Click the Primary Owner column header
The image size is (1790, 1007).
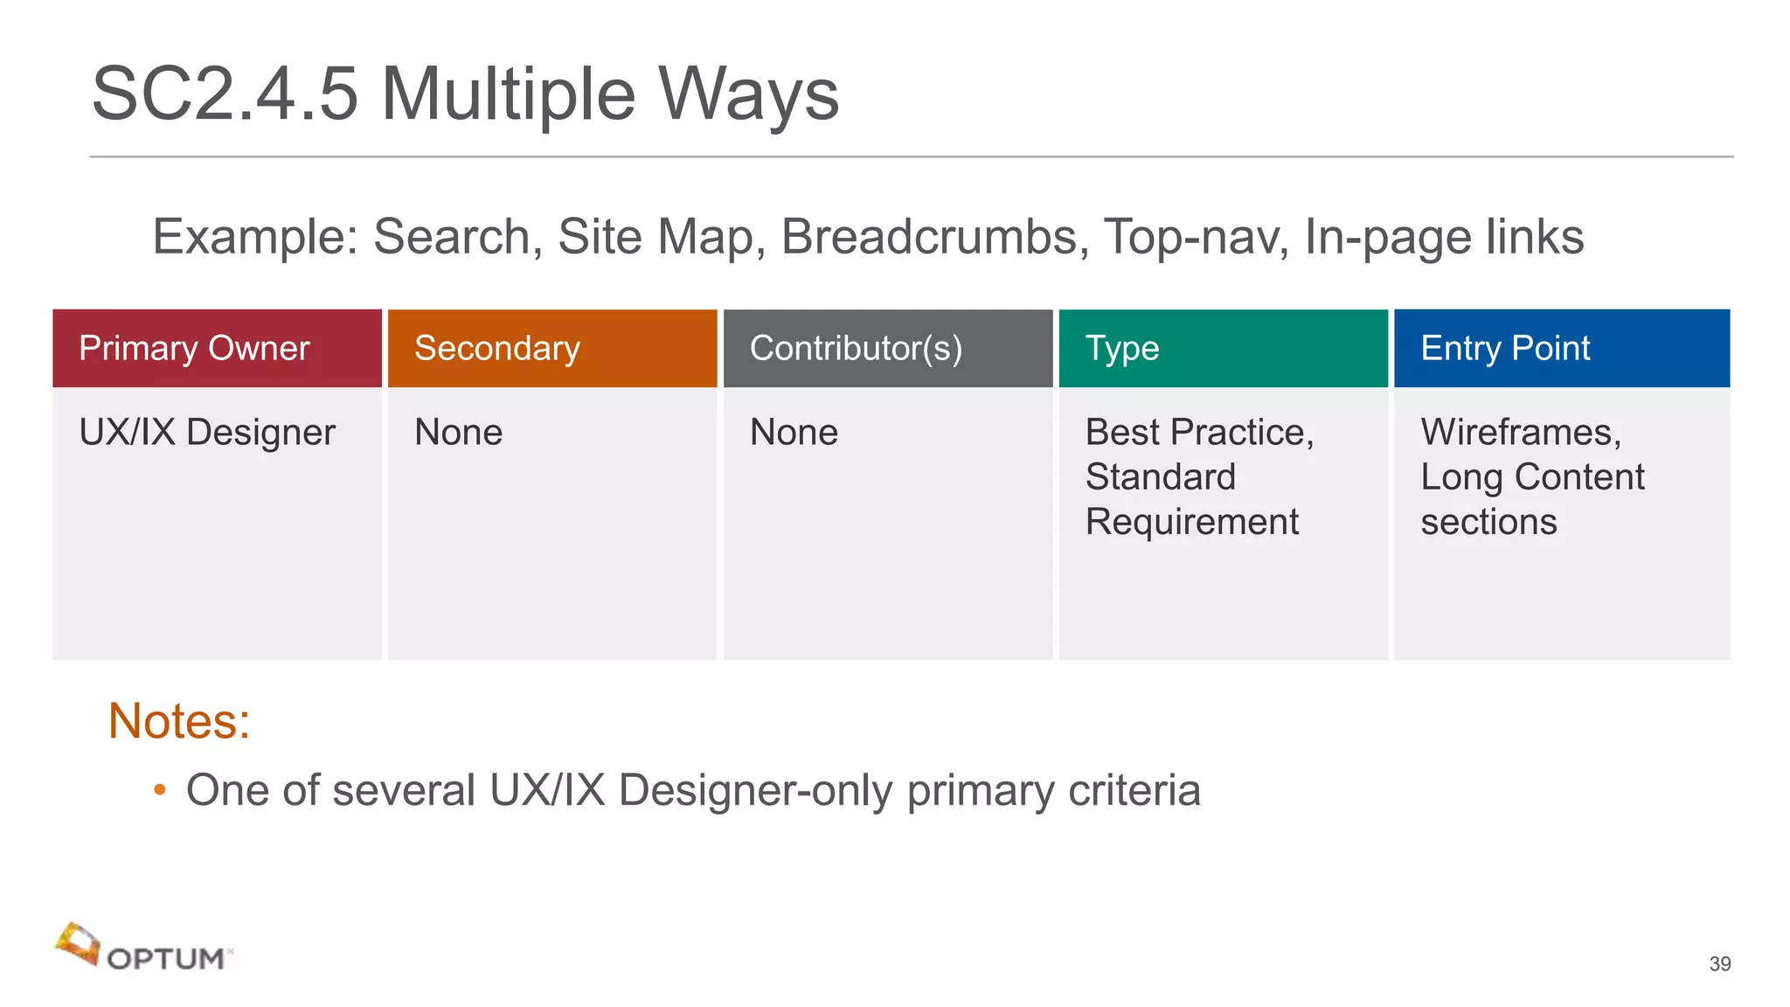coord(194,348)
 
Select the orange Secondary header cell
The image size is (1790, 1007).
coord(496,348)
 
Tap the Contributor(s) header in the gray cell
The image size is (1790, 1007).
coord(856,348)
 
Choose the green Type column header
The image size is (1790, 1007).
coord(1121,348)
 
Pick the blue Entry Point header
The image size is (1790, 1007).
coord(1505,348)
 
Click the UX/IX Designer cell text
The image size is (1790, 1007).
coord(207,432)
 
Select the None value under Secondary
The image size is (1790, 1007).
coord(458,432)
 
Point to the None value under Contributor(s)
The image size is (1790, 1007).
coord(794,432)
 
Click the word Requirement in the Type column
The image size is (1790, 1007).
coord(1191,522)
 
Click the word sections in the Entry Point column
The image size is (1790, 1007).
coord(1488,522)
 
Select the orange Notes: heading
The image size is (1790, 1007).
coord(179,721)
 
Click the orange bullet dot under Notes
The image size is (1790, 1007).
coord(159,790)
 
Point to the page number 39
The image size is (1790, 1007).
coord(1719,963)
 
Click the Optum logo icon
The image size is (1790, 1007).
coord(78,944)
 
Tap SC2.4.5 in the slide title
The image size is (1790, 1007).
coord(225,94)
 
